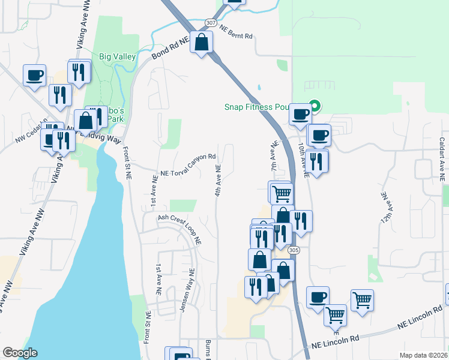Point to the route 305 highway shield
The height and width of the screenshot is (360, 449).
click(x=293, y=250)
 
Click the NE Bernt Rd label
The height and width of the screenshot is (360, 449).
click(x=236, y=32)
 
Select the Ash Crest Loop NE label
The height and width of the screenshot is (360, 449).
click(x=179, y=227)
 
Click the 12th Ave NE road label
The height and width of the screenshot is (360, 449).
click(x=384, y=209)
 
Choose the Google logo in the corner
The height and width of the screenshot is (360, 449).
click(x=20, y=353)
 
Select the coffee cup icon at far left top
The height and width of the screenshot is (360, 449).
click(x=35, y=76)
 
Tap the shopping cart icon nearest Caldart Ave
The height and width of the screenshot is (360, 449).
click(x=362, y=300)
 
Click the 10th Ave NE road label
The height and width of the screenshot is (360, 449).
click(x=303, y=160)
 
